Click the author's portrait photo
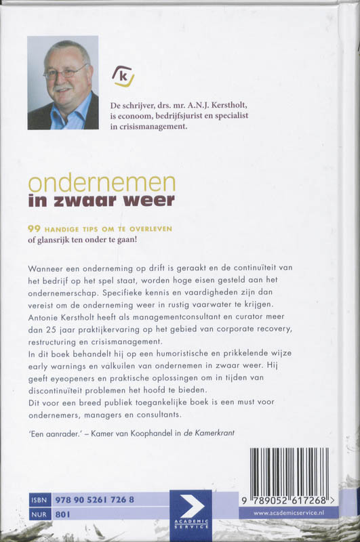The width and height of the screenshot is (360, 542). click(63, 83)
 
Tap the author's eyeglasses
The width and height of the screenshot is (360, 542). click(66, 71)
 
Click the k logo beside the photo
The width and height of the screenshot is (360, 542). click(123, 75)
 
